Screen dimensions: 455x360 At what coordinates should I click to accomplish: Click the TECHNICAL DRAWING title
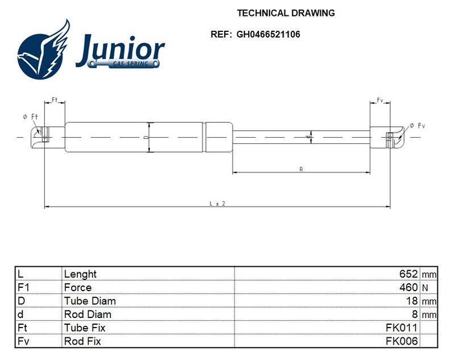[x=286, y=13]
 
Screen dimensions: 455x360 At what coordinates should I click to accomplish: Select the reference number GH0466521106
[x=268, y=34]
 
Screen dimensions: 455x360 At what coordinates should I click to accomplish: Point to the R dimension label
[x=301, y=169]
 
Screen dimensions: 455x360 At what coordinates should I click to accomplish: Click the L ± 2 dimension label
[x=217, y=204]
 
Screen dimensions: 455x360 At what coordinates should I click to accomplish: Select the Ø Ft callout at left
[x=30, y=117]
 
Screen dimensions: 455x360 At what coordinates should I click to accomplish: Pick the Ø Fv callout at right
[x=417, y=126]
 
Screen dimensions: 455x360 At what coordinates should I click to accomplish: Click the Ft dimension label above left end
[x=55, y=100]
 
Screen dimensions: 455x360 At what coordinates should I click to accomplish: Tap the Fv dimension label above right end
[x=380, y=100]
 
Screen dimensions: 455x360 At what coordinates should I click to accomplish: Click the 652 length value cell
[x=408, y=274]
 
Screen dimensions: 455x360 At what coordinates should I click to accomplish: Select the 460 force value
[x=408, y=287]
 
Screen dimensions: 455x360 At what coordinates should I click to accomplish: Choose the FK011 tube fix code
[x=402, y=328]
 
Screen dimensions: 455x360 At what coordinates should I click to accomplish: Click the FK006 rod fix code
[x=402, y=341]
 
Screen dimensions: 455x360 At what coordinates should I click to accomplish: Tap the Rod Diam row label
[x=88, y=314]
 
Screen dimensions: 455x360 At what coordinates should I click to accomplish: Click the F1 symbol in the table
[x=23, y=287]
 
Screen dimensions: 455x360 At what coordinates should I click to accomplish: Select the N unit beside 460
[x=425, y=288]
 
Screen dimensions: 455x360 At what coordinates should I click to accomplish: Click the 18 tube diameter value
[x=412, y=301]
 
